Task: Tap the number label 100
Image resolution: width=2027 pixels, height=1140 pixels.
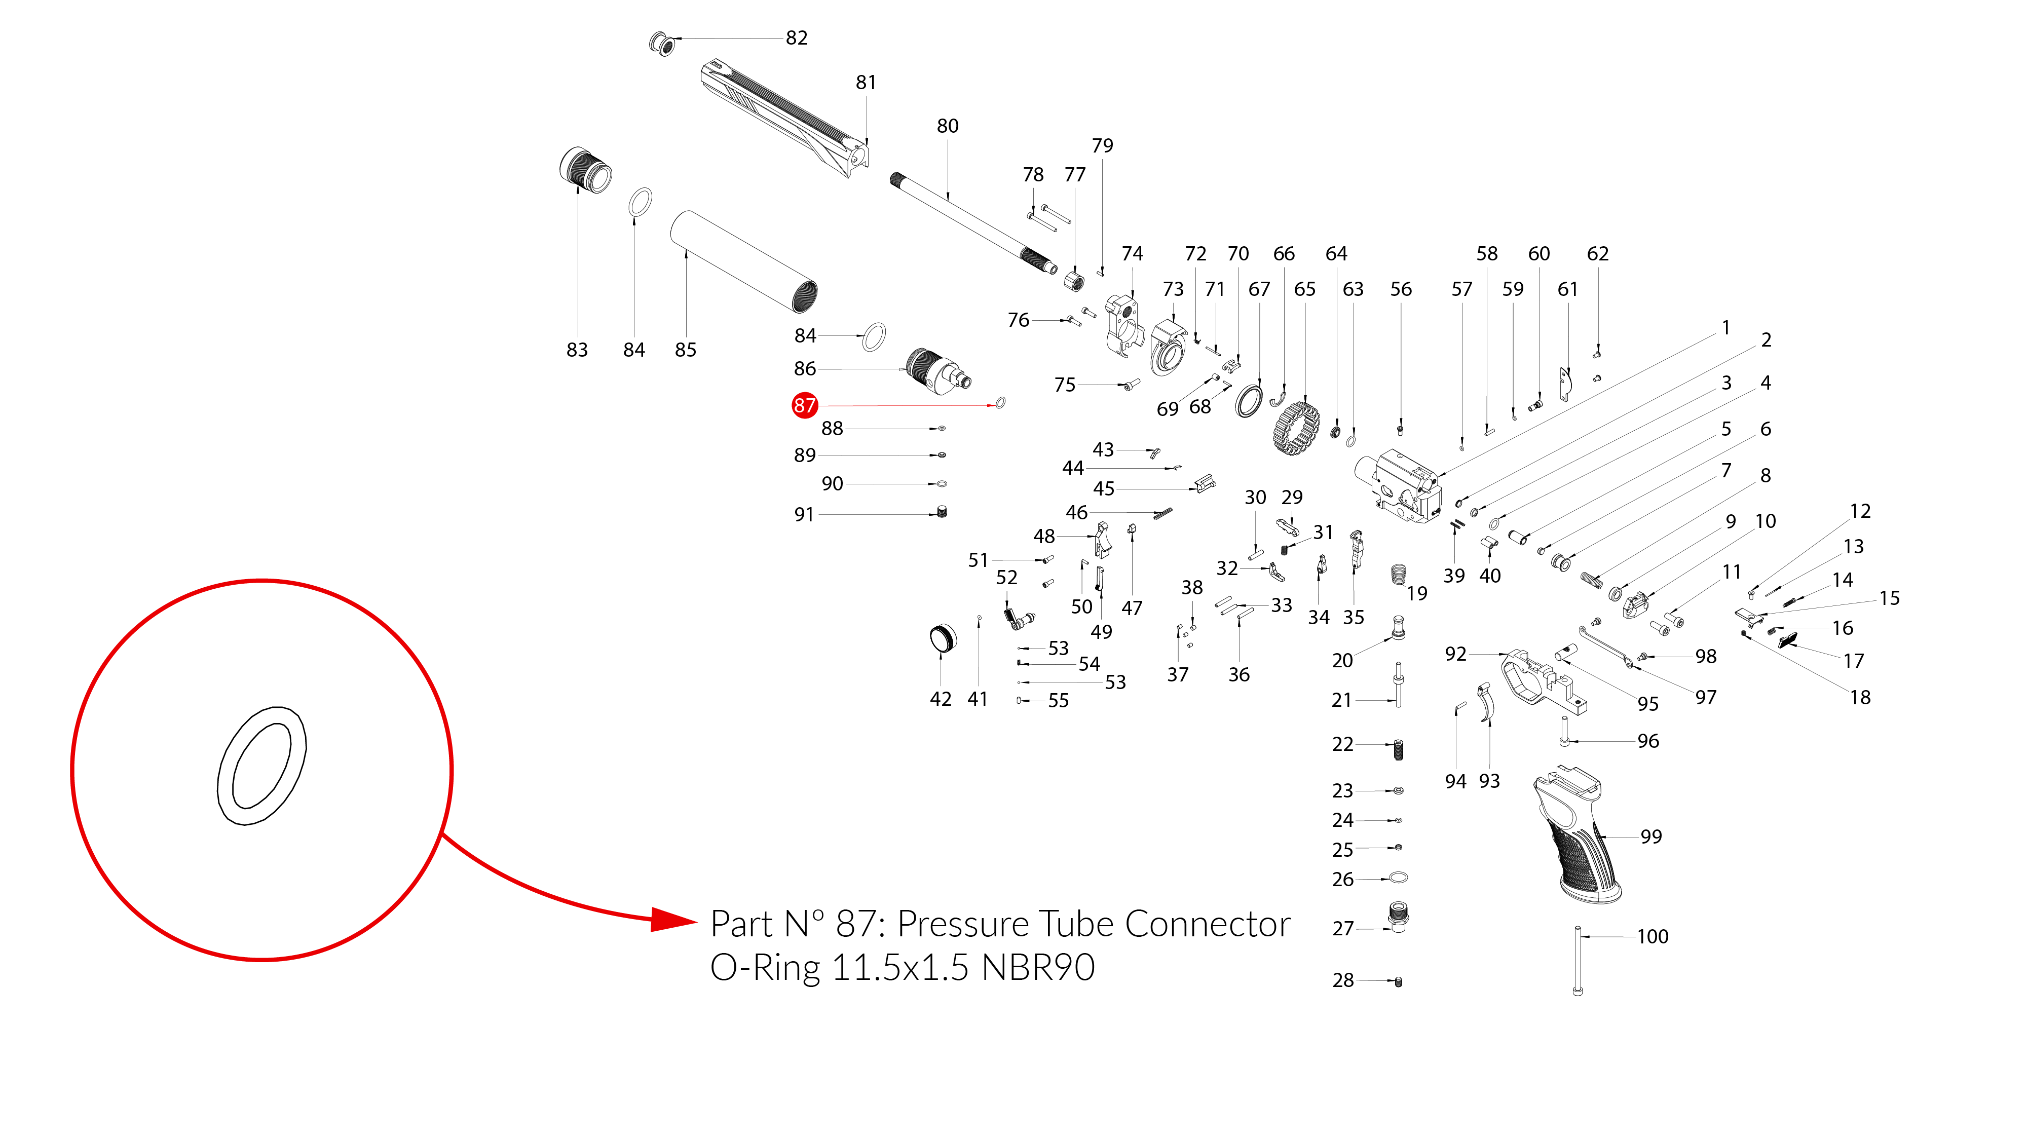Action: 1653,936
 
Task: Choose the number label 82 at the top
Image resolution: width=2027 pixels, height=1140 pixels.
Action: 796,38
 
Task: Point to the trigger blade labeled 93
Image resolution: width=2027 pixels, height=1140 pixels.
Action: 1486,703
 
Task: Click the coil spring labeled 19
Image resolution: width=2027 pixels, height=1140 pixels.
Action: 1398,575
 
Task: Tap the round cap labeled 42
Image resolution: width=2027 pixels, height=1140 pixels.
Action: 943,638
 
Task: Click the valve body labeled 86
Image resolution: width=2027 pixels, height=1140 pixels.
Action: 936,371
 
